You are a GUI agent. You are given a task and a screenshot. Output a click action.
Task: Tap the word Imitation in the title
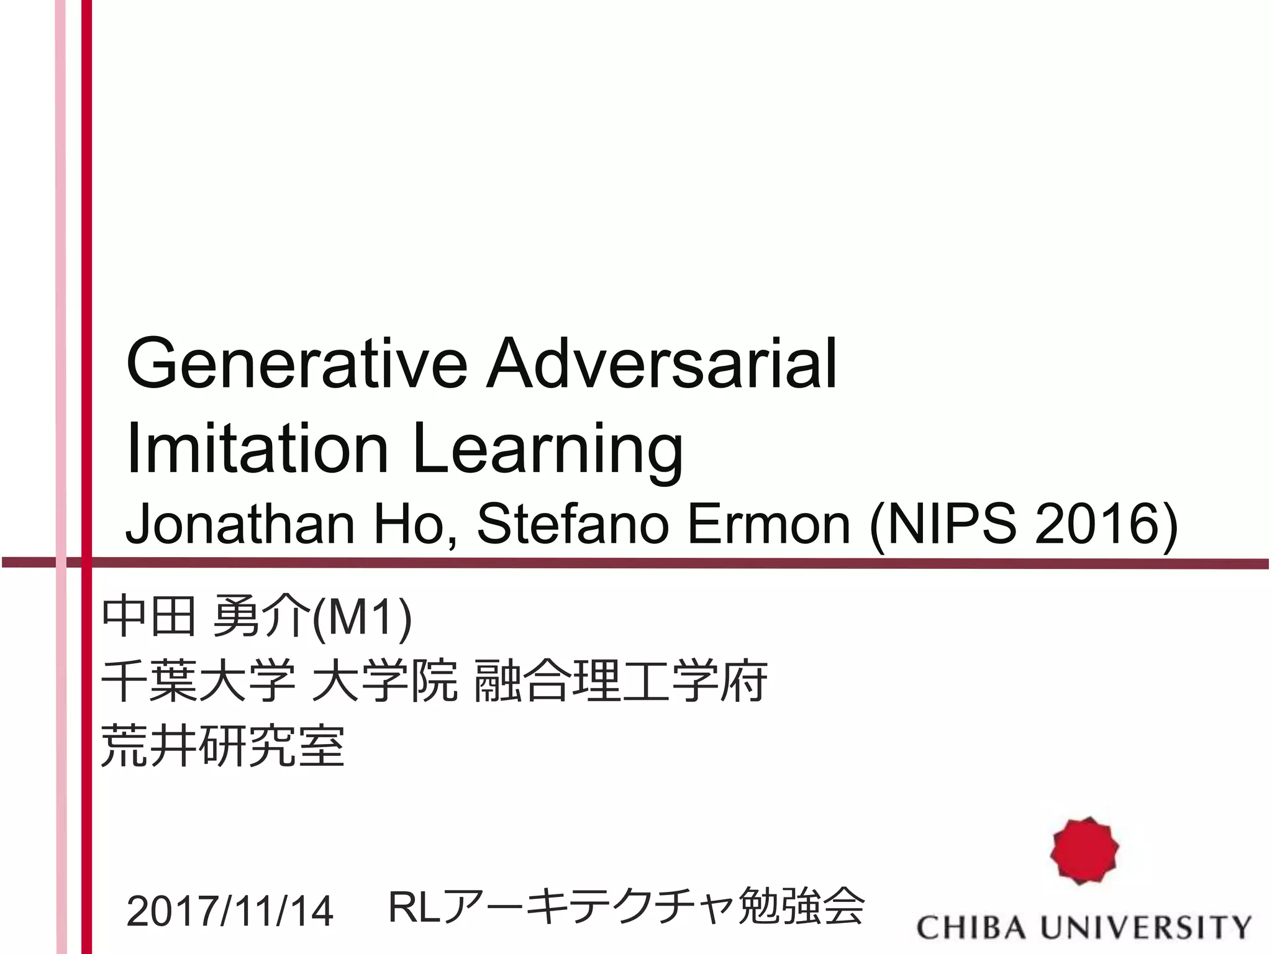click(257, 448)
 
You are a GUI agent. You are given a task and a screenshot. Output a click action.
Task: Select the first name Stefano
click(571, 525)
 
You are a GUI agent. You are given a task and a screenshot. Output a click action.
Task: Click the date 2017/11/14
click(230, 912)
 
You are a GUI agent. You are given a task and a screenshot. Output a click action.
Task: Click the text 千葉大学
click(198, 681)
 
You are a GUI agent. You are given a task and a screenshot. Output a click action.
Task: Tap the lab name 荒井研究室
click(222, 745)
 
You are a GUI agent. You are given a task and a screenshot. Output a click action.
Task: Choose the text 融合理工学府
click(620, 681)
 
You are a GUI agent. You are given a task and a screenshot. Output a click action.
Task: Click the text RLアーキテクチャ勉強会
click(626, 908)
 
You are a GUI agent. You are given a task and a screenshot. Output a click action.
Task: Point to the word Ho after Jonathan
click(415, 525)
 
